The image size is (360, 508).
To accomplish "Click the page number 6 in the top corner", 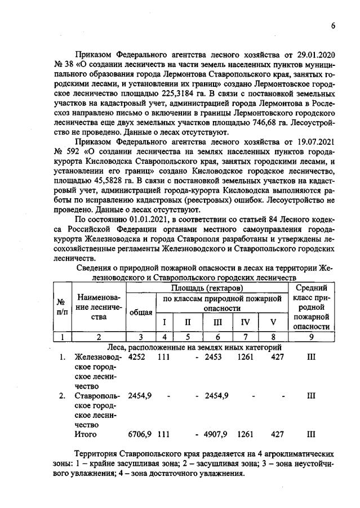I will tap(333, 26).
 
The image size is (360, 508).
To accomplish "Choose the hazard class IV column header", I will tap(245, 323).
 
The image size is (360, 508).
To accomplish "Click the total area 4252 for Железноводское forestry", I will tap(137, 357).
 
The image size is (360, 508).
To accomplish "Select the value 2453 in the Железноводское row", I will tap(216, 357).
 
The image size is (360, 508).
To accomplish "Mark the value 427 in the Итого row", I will tap(277, 434).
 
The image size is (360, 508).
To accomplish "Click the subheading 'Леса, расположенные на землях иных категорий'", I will tap(192, 347).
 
